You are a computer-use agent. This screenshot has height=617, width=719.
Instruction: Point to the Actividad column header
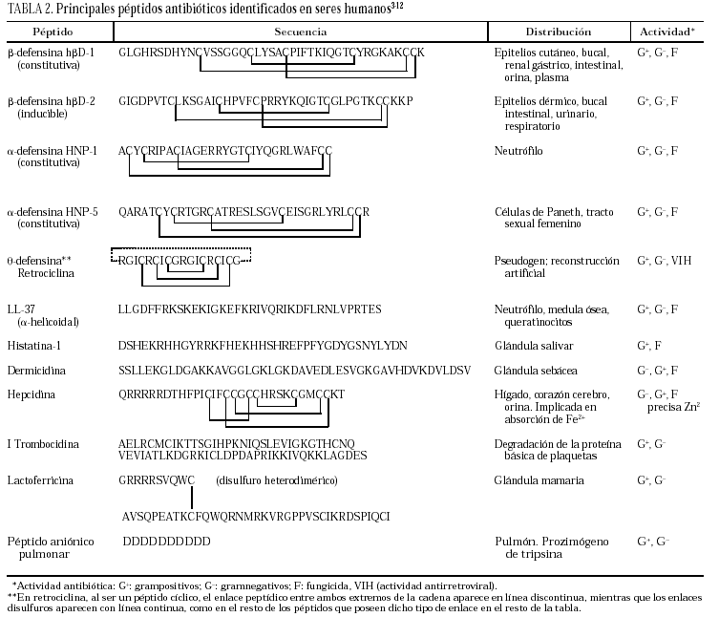coord(666,32)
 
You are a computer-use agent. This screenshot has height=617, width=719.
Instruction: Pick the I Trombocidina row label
coord(42,444)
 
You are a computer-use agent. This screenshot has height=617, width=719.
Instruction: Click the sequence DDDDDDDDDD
coord(166,542)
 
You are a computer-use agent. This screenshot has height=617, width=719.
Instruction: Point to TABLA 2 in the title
coord(28,10)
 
